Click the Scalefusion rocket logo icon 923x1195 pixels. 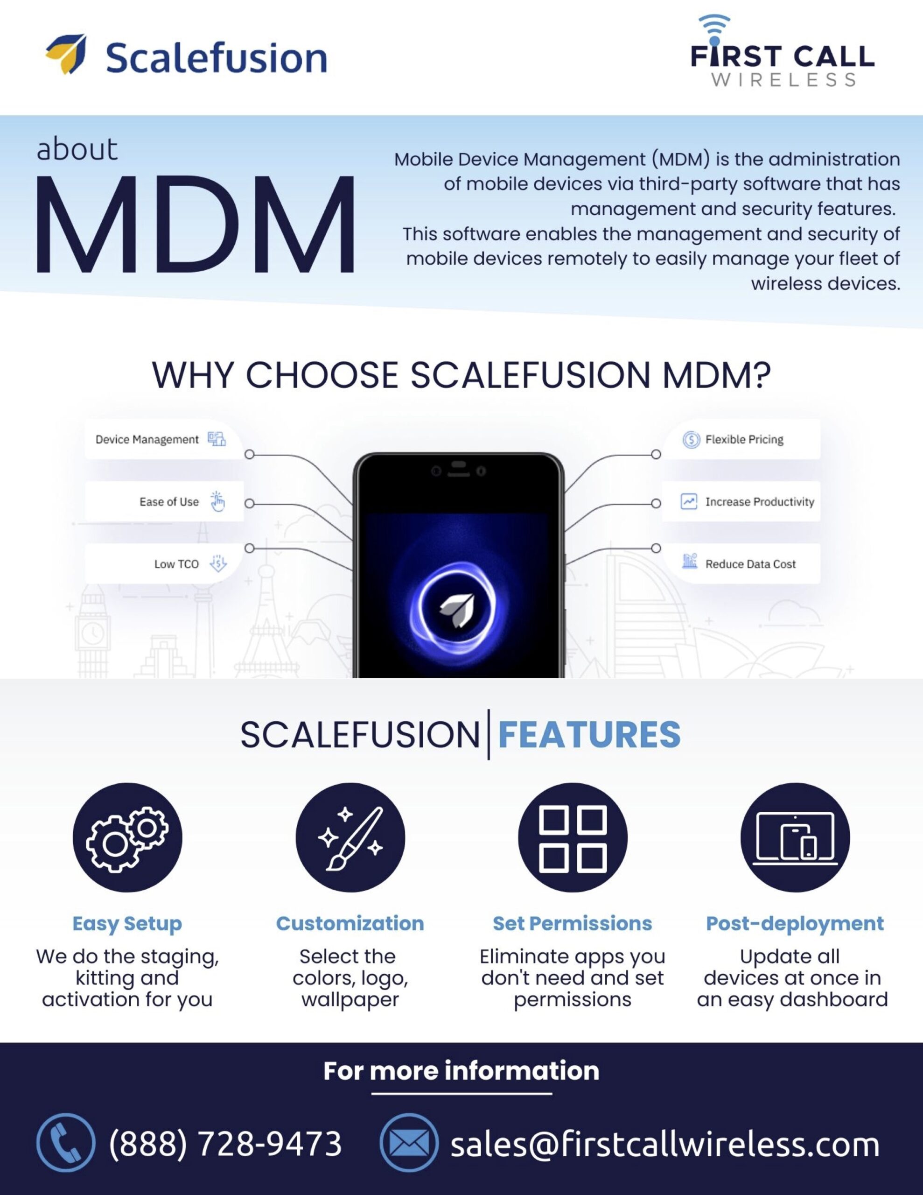pos(67,54)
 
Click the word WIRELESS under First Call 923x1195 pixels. pos(783,80)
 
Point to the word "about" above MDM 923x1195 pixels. pos(77,149)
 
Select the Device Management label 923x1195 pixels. pos(147,439)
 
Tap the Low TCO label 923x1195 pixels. pos(176,564)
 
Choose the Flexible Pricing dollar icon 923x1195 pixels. pos(691,439)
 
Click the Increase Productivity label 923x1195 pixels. pos(759,502)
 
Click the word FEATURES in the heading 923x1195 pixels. pos(589,734)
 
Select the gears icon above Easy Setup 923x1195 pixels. pos(127,838)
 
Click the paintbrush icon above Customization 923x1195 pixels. pos(350,838)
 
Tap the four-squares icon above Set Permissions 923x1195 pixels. pos(573,838)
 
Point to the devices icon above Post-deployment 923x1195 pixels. pos(795,838)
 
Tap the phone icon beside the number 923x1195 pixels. pos(66,1144)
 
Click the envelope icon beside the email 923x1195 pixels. pos(409,1144)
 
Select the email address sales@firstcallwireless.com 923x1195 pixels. pos(665,1144)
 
